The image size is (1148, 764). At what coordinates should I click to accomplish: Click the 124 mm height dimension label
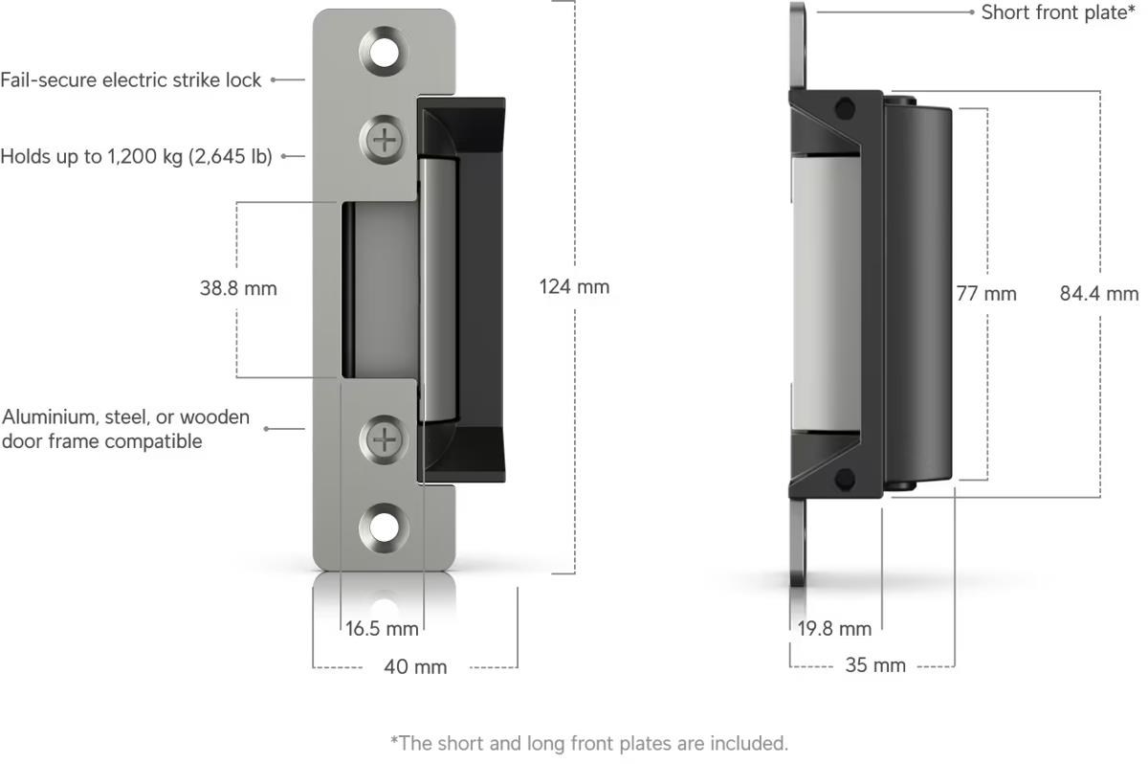click(x=574, y=286)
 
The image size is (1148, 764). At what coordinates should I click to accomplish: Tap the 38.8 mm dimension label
click(x=238, y=288)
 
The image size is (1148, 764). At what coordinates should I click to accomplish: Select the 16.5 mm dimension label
click(x=382, y=629)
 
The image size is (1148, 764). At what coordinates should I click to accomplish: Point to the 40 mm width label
click(x=415, y=666)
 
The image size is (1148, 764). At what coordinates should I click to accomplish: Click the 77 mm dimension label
click(x=986, y=294)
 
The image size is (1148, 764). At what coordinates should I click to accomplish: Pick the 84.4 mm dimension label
click(x=1099, y=294)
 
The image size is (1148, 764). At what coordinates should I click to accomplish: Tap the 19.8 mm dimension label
click(x=834, y=629)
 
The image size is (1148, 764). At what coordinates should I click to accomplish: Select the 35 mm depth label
click(x=875, y=665)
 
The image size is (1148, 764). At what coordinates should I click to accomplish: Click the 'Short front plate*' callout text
click(x=1058, y=12)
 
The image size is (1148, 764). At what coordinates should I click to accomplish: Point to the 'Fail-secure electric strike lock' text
click(x=131, y=80)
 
